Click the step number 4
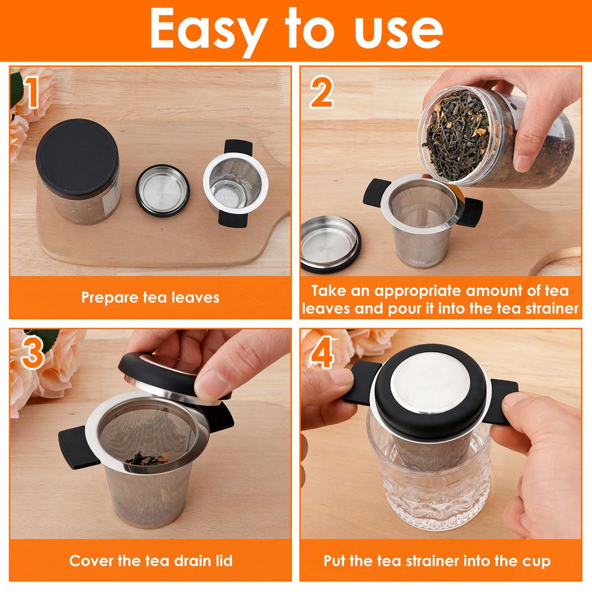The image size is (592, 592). [321, 354]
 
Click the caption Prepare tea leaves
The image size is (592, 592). [150, 297]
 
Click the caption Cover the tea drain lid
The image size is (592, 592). [150, 560]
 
